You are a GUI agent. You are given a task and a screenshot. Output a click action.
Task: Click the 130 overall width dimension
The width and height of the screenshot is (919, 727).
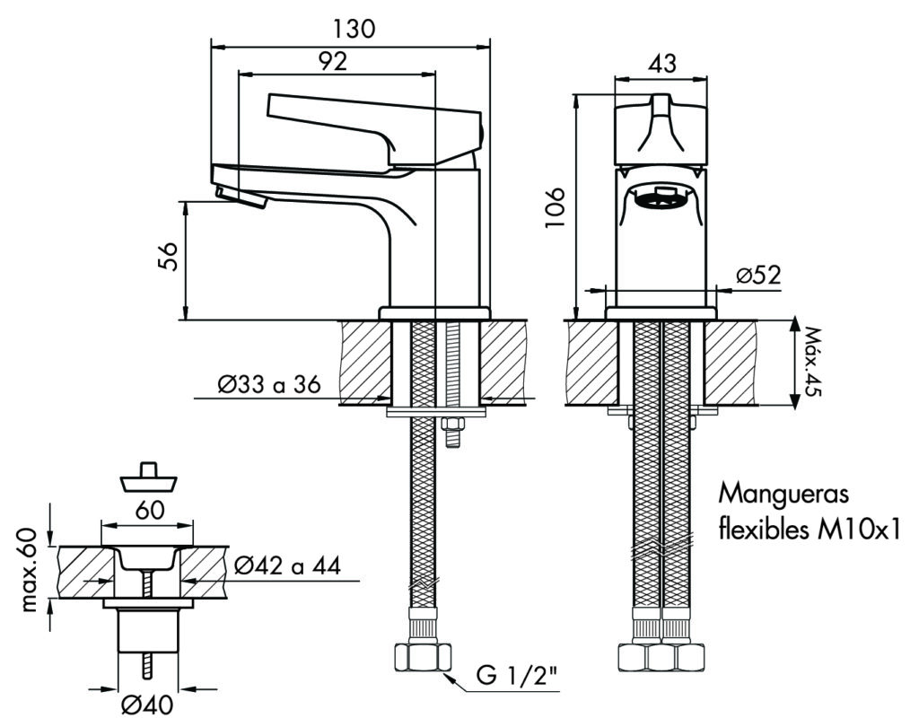click(353, 29)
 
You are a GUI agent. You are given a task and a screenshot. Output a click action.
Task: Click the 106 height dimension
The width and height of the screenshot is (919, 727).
click(556, 207)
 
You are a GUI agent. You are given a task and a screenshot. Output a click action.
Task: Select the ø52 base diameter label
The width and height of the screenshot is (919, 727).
click(758, 276)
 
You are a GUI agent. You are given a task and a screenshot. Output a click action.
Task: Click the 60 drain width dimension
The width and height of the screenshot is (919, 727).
click(150, 510)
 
